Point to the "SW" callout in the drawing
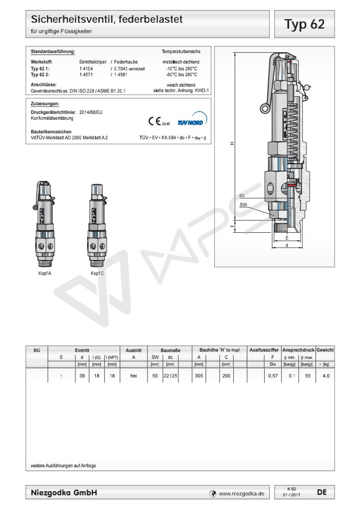pyautogui.click(x=244, y=205)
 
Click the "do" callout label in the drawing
pyautogui.click(x=242, y=196)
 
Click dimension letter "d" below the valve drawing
pyautogui.click(x=286, y=245)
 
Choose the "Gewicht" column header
pyautogui.click(x=325, y=350)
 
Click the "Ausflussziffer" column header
pyautogui.click(x=264, y=350)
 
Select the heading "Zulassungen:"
pyautogui.click(x=43, y=103)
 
